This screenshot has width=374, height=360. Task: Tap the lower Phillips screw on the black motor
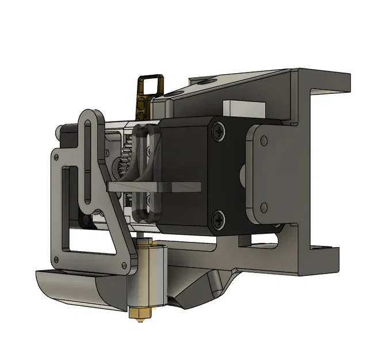[x=220, y=218]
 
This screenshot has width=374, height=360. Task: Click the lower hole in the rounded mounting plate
[x=264, y=206]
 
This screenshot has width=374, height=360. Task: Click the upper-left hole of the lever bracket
[x=56, y=156]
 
